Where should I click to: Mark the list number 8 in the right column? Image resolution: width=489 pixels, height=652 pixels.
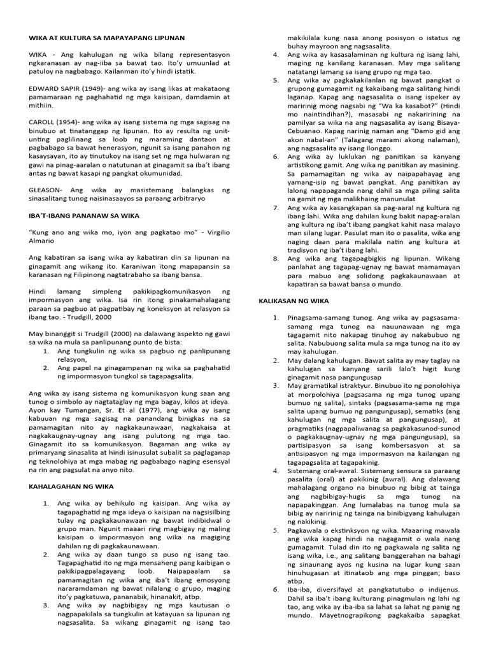pos(276,259)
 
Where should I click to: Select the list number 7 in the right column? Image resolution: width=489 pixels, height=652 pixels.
pos(276,208)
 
